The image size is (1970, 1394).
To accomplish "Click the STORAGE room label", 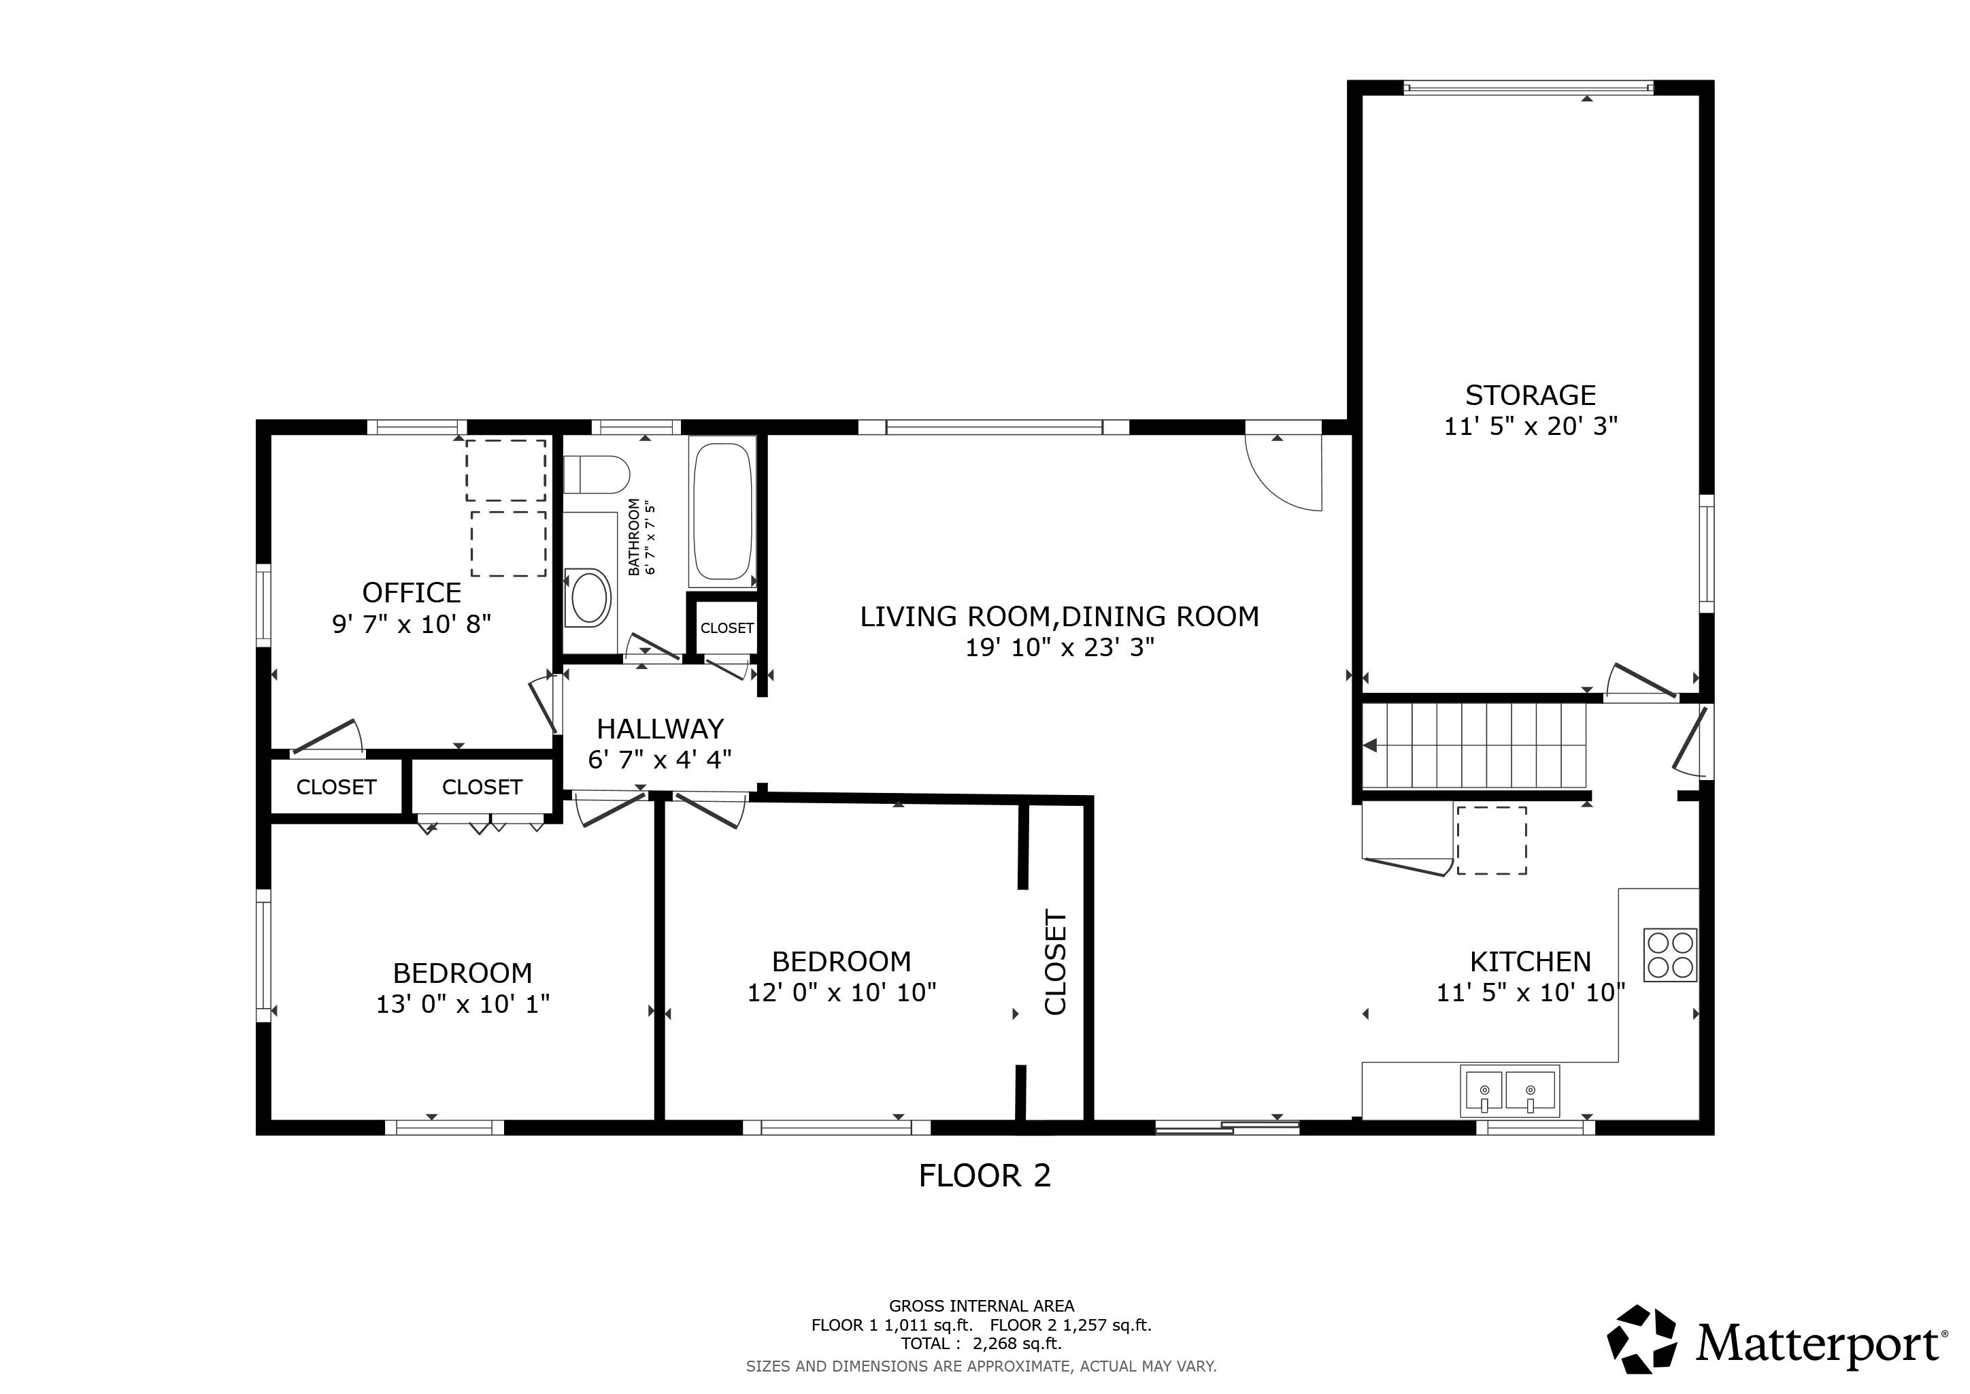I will point(1530,395).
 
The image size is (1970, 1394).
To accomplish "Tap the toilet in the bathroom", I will point(597,474).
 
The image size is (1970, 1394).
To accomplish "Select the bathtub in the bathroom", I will point(722,512).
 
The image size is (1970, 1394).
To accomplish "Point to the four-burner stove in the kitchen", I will point(1670,956).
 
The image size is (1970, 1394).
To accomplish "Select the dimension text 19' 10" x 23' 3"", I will point(1060,648).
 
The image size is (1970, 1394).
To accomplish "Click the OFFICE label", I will point(412,593).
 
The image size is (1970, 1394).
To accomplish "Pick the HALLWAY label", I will point(660,730).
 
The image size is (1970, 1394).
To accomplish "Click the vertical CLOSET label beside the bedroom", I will point(1055,963).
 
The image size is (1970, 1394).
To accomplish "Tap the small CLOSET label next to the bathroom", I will point(727,628).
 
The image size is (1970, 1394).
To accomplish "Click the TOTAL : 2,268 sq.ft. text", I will point(981,1344).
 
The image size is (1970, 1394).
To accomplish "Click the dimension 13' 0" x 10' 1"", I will point(463,1004).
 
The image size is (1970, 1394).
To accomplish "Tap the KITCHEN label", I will point(1530,961).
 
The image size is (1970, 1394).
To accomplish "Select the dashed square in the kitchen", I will point(1491,841).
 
